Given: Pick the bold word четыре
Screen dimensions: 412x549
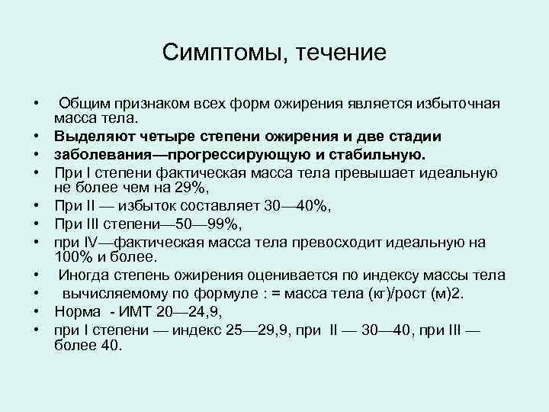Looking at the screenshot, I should pos(166,136).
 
